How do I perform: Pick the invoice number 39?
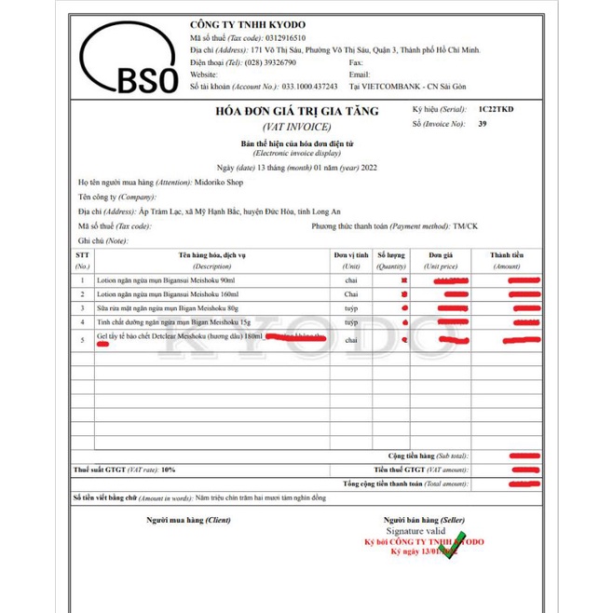(x=483, y=122)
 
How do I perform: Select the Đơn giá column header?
(x=441, y=253)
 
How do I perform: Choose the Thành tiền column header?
(x=508, y=253)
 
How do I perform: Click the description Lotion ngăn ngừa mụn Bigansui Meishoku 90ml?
(x=163, y=280)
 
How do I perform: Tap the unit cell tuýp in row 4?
(x=351, y=322)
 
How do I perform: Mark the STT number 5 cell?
(x=83, y=340)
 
